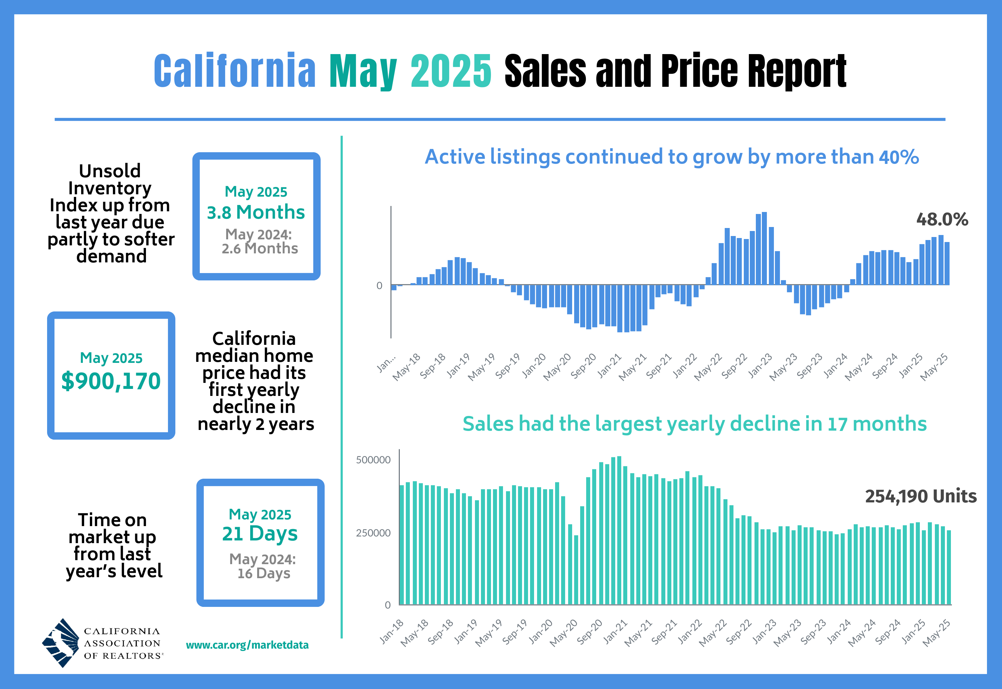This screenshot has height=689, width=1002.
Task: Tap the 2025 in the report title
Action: tap(451, 71)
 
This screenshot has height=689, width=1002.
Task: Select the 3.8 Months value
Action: tap(256, 212)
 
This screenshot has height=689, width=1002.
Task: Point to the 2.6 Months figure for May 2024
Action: tap(260, 249)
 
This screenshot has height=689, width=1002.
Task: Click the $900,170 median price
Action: tap(111, 381)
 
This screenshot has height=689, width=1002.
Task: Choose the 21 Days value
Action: tap(260, 533)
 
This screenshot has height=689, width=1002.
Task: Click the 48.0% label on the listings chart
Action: tap(942, 219)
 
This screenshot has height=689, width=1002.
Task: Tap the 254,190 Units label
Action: tap(921, 496)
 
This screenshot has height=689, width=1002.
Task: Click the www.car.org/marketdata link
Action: tap(247, 645)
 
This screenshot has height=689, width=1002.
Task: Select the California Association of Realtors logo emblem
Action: tap(61, 643)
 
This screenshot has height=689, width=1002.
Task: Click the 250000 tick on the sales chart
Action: tap(373, 533)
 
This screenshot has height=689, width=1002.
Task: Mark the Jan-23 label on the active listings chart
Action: tap(761, 366)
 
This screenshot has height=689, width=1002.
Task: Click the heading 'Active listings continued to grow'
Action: tap(672, 157)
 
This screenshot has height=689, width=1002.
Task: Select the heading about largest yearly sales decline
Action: tap(694, 424)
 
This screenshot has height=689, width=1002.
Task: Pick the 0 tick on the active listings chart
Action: tap(379, 286)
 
